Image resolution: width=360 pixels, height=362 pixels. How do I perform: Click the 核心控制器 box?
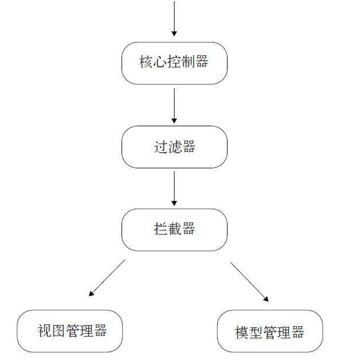tap(174, 63)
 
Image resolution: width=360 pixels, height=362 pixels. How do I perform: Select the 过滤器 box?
tap(174, 147)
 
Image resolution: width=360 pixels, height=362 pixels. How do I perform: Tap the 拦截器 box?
tap(174, 229)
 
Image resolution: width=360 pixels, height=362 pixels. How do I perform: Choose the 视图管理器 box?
tap(70, 331)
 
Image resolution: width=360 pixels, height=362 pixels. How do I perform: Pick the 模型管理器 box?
tap(270, 331)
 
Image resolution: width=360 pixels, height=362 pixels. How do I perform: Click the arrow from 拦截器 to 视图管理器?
tap(107, 278)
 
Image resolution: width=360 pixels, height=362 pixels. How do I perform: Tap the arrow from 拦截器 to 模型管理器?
tap(249, 282)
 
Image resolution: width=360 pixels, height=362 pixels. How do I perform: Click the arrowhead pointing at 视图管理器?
tap(91, 294)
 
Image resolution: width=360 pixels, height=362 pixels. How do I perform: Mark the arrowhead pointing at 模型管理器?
tap(266, 299)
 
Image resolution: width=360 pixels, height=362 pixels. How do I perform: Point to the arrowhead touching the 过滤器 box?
tap(174, 122)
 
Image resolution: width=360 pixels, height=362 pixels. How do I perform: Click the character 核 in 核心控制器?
tap(146, 63)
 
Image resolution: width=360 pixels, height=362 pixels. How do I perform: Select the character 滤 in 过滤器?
tap(175, 147)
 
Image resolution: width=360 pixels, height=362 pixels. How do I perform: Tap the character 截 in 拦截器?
tap(175, 229)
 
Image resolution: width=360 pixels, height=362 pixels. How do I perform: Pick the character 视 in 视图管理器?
tap(44, 331)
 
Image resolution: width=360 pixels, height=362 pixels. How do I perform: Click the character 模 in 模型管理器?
tap(242, 333)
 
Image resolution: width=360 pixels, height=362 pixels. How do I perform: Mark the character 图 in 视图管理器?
tap(58, 331)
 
